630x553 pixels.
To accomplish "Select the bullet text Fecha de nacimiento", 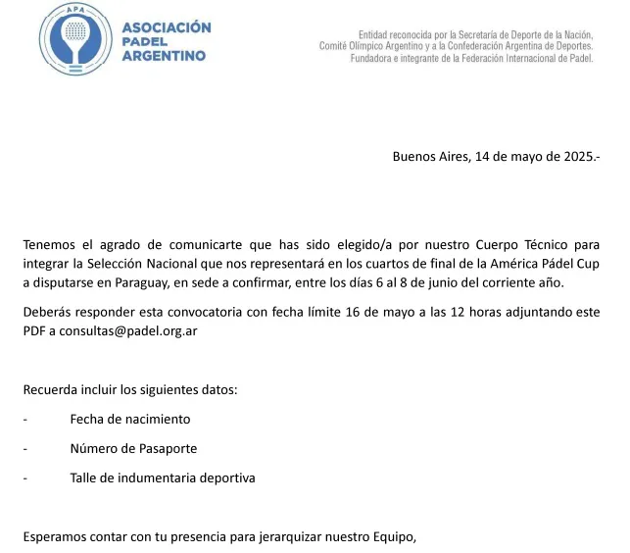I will pyautogui.click(x=130, y=419).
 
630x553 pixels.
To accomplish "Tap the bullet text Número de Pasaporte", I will pyautogui.click(x=133, y=448).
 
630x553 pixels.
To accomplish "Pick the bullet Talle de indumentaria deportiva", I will pyautogui.click(x=163, y=478).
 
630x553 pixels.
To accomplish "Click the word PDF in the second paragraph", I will pyautogui.click(x=34, y=330).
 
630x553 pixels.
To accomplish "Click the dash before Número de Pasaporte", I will pyautogui.click(x=25, y=448).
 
